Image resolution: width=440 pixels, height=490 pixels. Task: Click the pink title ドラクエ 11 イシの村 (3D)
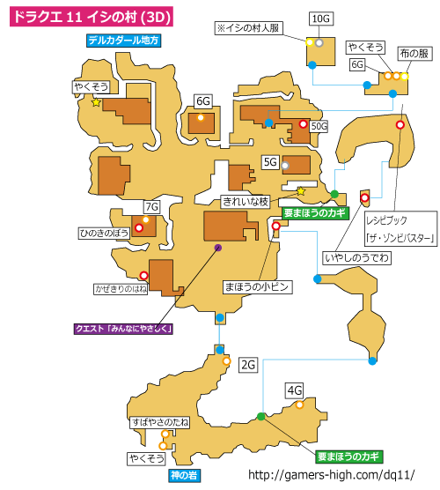coord(92,16)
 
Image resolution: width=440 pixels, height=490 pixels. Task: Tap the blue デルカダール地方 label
coord(123,41)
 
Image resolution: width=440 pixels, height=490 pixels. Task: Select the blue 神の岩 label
coord(184,475)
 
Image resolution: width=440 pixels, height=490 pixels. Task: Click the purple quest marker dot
coord(218,248)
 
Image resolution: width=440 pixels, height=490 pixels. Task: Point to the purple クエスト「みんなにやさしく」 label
coord(123,329)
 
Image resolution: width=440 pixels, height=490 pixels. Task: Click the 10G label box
coord(321,19)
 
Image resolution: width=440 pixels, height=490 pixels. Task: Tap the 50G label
coord(319,126)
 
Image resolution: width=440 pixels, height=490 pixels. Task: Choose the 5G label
coord(270,162)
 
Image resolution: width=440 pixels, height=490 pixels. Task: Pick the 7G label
coord(152,206)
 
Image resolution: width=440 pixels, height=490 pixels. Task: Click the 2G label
coord(248,365)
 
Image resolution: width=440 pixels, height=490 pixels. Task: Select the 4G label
coord(295,390)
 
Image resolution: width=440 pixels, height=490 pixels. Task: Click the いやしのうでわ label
coord(356,258)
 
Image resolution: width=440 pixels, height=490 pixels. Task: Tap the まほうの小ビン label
coord(258,287)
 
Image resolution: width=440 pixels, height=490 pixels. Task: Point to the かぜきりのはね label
coord(121,289)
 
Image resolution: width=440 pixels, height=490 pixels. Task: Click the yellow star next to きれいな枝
coord(300,191)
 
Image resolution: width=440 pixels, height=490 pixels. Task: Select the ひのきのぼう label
coord(104,234)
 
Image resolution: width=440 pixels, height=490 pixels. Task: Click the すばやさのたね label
coord(160,422)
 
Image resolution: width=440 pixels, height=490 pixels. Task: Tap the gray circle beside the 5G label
coord(285,166)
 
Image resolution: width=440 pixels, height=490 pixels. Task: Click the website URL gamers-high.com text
coord(332,475)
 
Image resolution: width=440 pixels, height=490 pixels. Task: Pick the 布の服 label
coord(414,54)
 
